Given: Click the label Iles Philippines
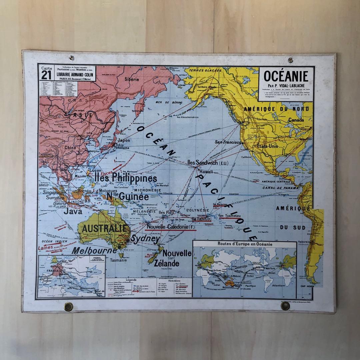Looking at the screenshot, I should tap(126, 178).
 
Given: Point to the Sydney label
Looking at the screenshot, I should tap(145, 239).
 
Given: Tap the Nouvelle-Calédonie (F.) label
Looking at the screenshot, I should tap(171, 227).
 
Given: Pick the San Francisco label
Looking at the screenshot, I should tap(228, 142).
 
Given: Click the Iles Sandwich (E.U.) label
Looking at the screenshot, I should tap(207, 163).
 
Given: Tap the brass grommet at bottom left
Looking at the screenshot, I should tap(69, 306).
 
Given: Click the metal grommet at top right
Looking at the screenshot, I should tap(290, 60).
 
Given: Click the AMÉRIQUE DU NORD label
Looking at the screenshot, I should tap(276, 109).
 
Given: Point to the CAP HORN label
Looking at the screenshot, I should tap(308, 286).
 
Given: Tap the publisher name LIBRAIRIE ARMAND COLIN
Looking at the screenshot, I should tap(76, 75).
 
